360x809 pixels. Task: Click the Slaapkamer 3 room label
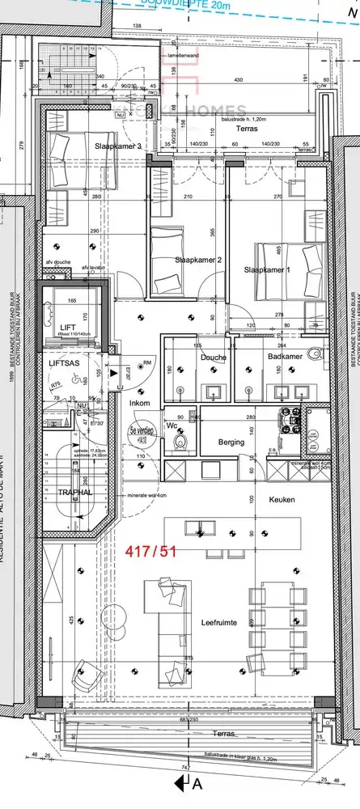point(119,146)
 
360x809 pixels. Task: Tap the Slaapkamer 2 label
point(198,260)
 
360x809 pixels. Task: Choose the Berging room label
point(231,443)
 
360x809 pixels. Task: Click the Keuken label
point(282,500)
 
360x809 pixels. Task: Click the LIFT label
point(68,327)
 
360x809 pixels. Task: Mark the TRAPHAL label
point(73,492)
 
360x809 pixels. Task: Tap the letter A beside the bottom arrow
point(197,786)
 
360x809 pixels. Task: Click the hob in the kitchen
point(291,418)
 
